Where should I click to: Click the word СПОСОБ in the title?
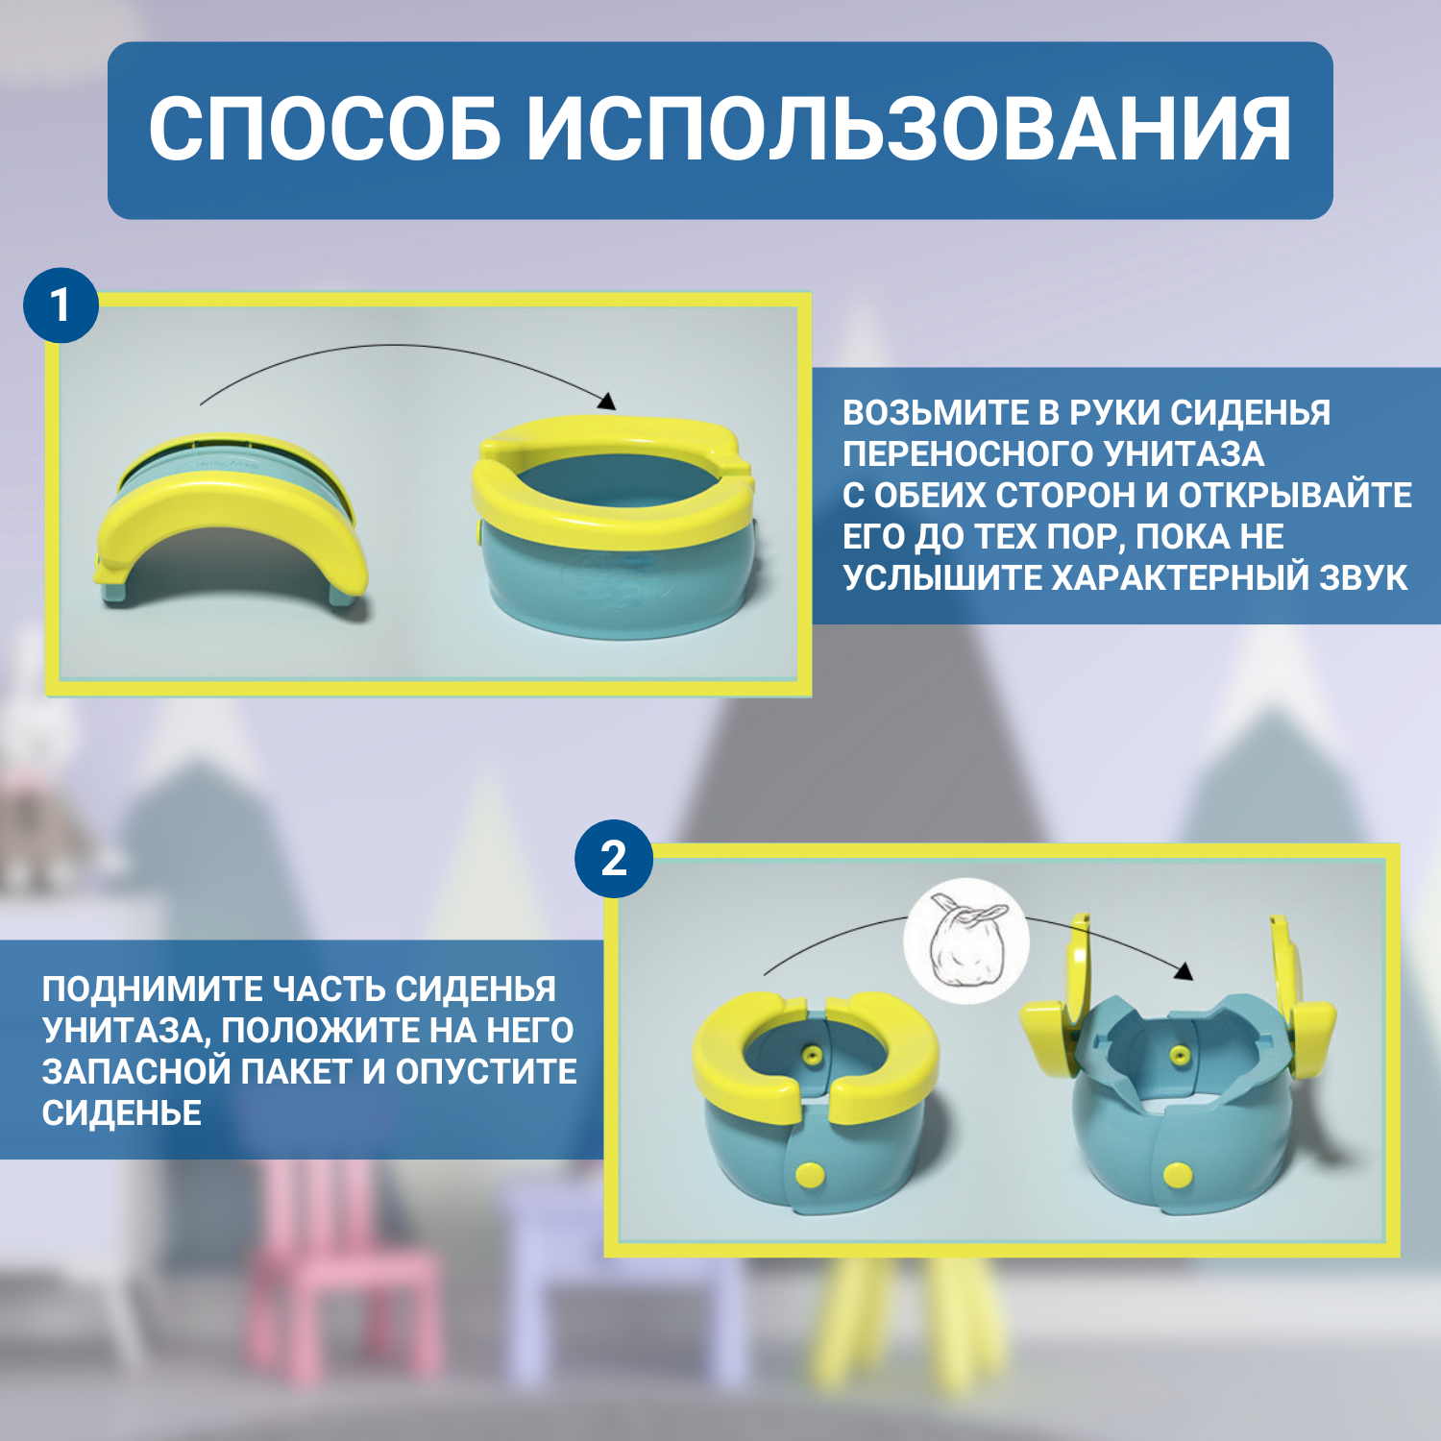point(325,130)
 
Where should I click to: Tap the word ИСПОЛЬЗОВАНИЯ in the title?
point(909,130)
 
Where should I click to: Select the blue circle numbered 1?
point(61,305)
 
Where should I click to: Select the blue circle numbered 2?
point(614,858)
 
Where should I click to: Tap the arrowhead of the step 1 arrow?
point(606,401)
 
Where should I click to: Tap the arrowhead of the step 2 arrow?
point(1184,971)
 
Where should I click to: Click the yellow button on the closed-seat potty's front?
point(810,1174)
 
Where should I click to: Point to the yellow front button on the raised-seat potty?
point(1177,1174)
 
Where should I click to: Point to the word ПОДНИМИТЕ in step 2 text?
point(152,989)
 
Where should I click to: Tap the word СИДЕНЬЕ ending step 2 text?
point(122,1113)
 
